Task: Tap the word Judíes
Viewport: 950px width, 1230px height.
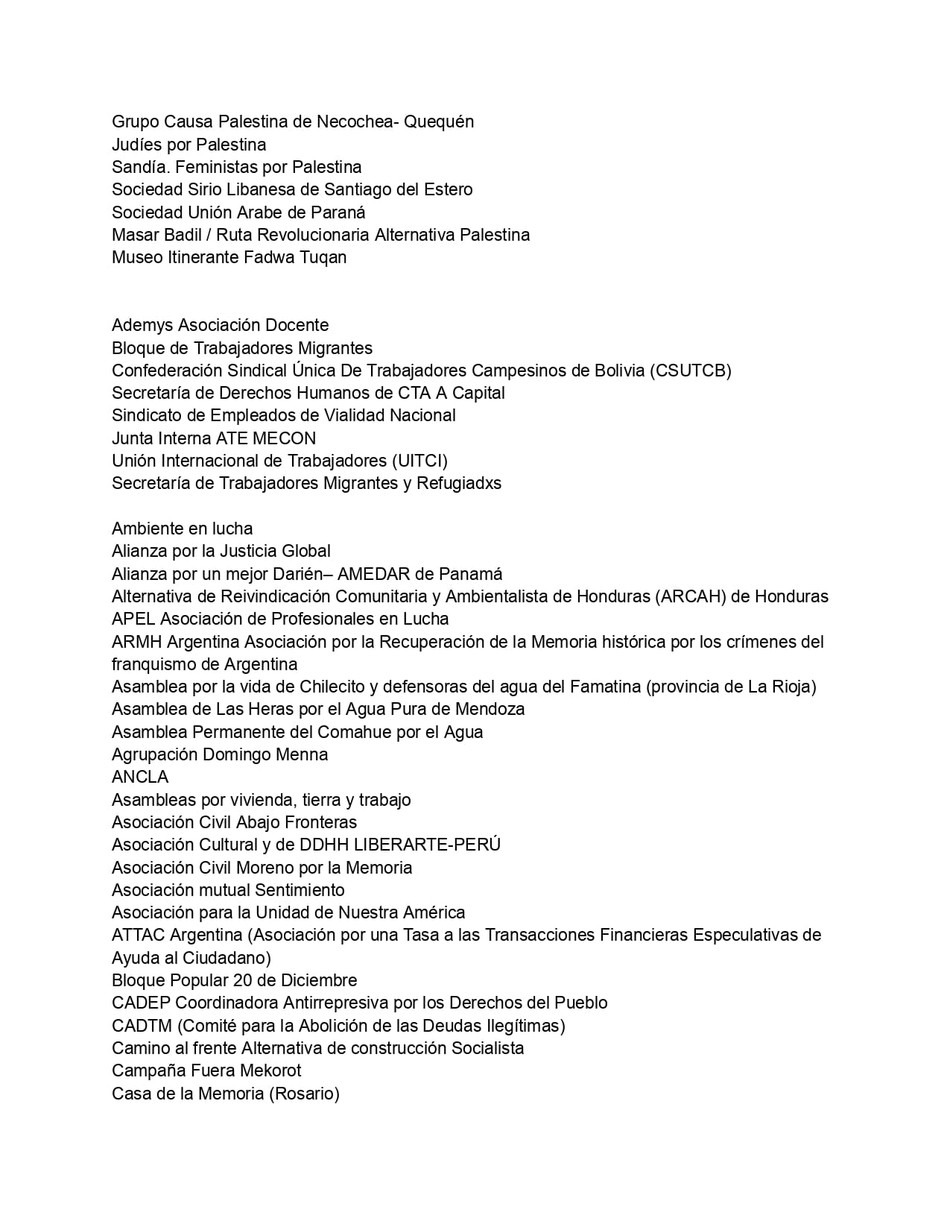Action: [136, 145]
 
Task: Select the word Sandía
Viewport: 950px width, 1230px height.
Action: [141, 167]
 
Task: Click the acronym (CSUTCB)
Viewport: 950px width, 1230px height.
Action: [691, 370]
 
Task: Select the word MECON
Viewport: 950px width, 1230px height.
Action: [285, 438]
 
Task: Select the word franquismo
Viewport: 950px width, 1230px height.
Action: [153, 664]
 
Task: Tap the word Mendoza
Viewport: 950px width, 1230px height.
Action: [490, 709]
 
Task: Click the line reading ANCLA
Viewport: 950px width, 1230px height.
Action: [140, 777]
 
